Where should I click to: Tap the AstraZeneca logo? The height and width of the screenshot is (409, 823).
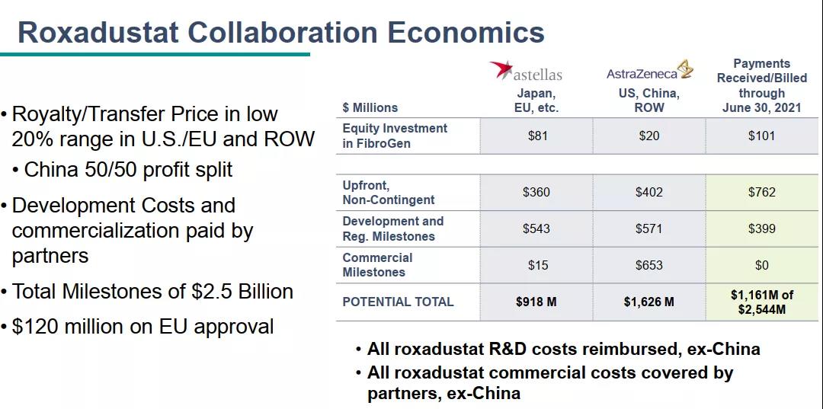point(650,72)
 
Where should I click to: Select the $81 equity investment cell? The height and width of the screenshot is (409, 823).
point(537,136)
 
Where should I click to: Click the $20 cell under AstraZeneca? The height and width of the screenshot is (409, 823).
point(648,136)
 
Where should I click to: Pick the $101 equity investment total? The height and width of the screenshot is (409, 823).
point(761,136)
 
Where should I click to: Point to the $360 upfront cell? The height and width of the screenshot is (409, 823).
point(536,192)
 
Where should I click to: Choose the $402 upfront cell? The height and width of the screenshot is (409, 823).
point(648,192)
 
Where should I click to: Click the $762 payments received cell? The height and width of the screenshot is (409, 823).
point(761,192)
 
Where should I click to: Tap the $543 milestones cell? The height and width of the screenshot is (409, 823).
point(536,228)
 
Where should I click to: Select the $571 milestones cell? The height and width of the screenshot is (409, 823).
point(648,228)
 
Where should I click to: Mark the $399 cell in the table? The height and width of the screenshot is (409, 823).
point(761,228)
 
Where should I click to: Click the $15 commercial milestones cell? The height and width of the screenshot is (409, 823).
point(537,265)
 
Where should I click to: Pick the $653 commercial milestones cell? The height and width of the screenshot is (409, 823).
point(648,265)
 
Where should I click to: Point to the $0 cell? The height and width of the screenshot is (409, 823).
point(761,265)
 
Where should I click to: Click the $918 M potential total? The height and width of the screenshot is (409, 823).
point(536,302)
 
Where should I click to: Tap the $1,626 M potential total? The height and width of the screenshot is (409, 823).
point(648,302)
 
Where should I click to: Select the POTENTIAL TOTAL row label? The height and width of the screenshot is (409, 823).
point(398,302)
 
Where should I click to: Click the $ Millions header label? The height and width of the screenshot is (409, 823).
point(370,107)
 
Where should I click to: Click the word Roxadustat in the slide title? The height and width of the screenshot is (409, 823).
point(98,32)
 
